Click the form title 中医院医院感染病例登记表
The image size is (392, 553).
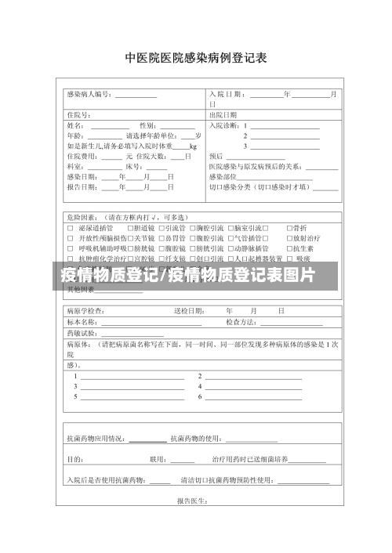click(x=196, y=58)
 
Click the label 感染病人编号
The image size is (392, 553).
click(x=90, y=94)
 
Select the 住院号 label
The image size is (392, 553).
click(x=79, y=115)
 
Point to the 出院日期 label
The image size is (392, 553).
click(x=223, y=115)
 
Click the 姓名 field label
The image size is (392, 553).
click(x=77, y=125)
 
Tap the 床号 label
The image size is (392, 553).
click(x=134, y=166)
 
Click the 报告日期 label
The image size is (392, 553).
click(x=82, y=186)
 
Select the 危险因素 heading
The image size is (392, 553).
click(x=82, y=217)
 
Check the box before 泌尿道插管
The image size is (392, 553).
click(x=71, y=227)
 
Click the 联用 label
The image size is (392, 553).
click(x=158, y=459)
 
